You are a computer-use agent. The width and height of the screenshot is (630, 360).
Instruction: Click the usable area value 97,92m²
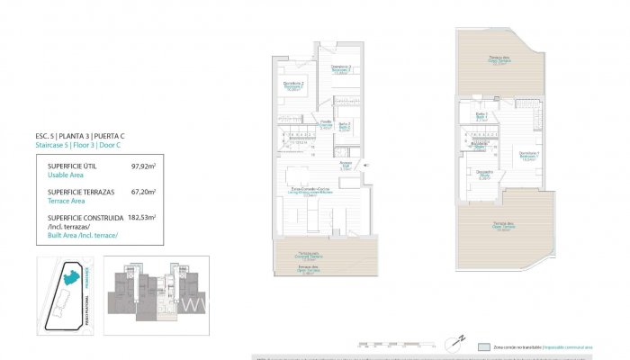(x=143, y=166)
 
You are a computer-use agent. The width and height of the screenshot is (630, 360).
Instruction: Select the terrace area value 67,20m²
(x=143, y=191)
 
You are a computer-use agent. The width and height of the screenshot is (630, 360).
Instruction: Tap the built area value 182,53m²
(x=141, y=217)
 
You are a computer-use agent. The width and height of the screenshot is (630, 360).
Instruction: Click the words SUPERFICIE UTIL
(x=71, y=166)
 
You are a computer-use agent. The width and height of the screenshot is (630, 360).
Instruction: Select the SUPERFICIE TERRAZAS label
(x=78, y=192)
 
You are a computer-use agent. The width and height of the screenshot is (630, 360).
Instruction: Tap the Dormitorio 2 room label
(x=293, y=86)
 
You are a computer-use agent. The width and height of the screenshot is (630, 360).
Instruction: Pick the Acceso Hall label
(x=345, y=166)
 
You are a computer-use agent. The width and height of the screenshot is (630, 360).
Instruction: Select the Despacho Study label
(x=485, y=175)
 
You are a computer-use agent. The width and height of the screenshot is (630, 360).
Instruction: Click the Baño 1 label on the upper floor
(x=481, y=116)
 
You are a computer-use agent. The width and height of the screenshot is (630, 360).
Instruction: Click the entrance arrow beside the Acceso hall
(x=362, y=165)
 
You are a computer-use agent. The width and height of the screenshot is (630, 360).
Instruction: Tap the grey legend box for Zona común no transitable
(x=486, y=345)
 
